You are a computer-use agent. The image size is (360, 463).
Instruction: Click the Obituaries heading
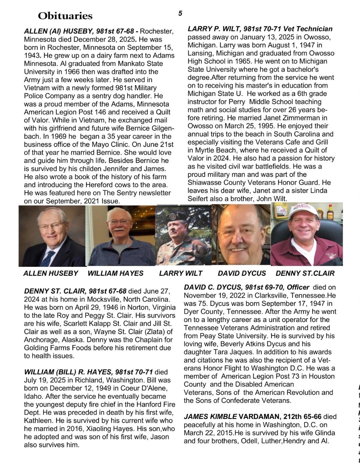(65, 16)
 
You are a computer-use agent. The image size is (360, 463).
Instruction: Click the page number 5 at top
(180, 13)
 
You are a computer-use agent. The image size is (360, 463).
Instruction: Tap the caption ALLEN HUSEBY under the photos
(51, 273)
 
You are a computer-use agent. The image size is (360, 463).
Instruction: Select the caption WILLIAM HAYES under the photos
(115, 273)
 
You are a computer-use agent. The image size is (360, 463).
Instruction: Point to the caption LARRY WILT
(181, 273)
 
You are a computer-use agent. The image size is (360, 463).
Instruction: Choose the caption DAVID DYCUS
(242, 273)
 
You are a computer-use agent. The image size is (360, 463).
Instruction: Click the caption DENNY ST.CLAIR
(305, 273)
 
